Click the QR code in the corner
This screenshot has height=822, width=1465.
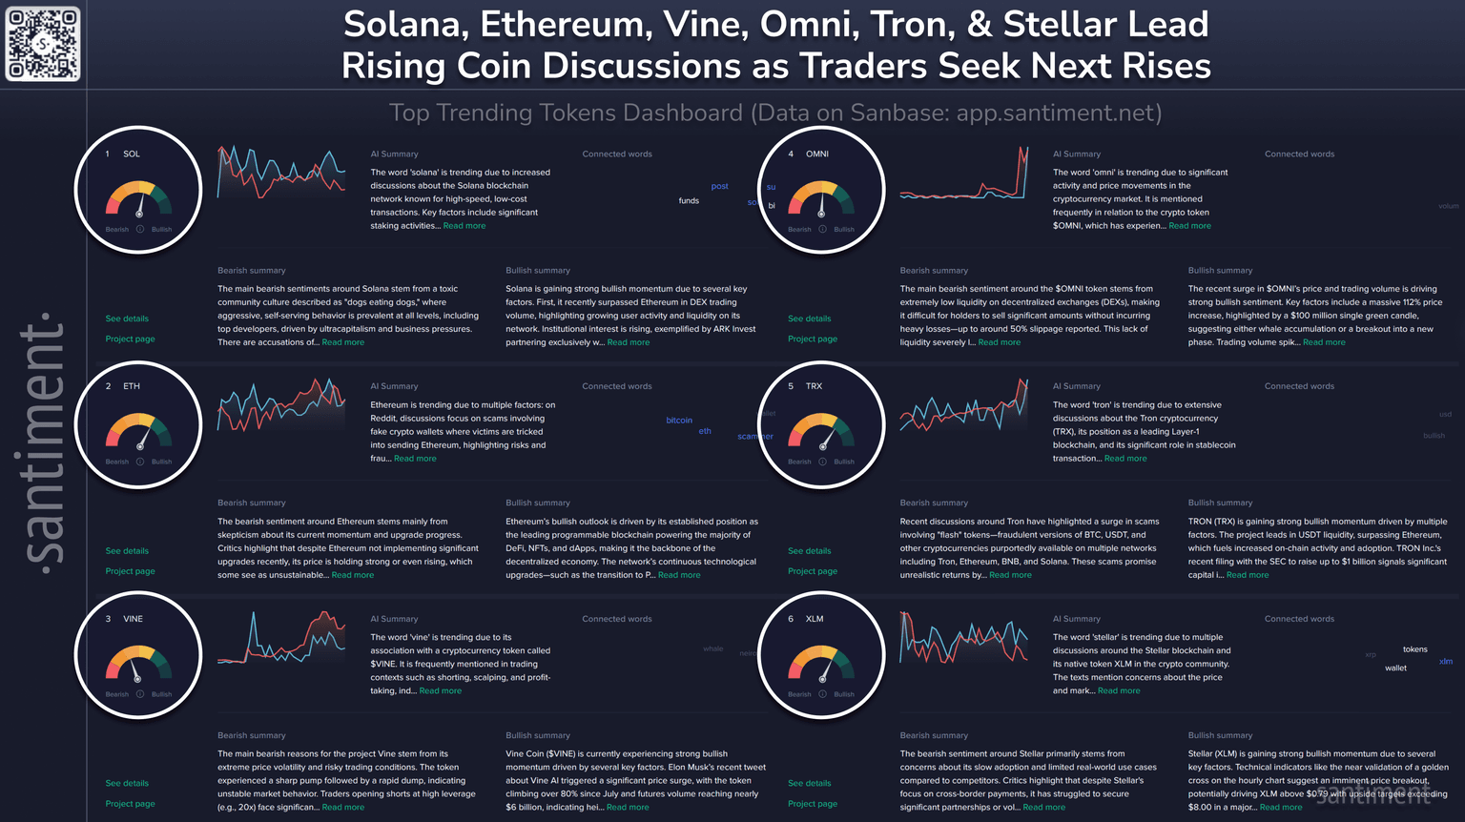click(x=43, y=44)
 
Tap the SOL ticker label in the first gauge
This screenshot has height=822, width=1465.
click(x=132, y=154)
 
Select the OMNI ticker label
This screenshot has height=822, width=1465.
click(x=817, y=154)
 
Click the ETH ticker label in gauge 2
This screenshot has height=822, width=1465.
click(x=132, y=386)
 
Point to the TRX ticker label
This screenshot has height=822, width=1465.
click(x=814, y=386)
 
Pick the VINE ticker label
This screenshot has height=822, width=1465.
click(x=134, y=619)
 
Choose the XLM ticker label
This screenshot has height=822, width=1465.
click(x=815, y=619)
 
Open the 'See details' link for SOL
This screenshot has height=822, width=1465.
click(x=127, y=319)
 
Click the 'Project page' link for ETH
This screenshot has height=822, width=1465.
click(x=130, y=571)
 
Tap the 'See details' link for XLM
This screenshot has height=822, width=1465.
click(x=809, y=784)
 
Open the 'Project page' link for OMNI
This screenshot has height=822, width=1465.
click(x=813, y=339)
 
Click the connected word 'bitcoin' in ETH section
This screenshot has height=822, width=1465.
click(x=679, y=421)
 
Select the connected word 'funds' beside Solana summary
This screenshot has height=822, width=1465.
click(x=689, y=201)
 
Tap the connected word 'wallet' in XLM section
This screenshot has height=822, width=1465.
click(x=1395, y=668)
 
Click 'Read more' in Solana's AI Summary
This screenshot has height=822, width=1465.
click(x=464, y=226)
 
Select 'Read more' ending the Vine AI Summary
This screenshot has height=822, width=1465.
click(x=441, y=691)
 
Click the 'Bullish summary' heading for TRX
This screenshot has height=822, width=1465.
click(x=1220, y=503)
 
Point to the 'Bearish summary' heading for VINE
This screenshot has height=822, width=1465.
click(x=251, y=735)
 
